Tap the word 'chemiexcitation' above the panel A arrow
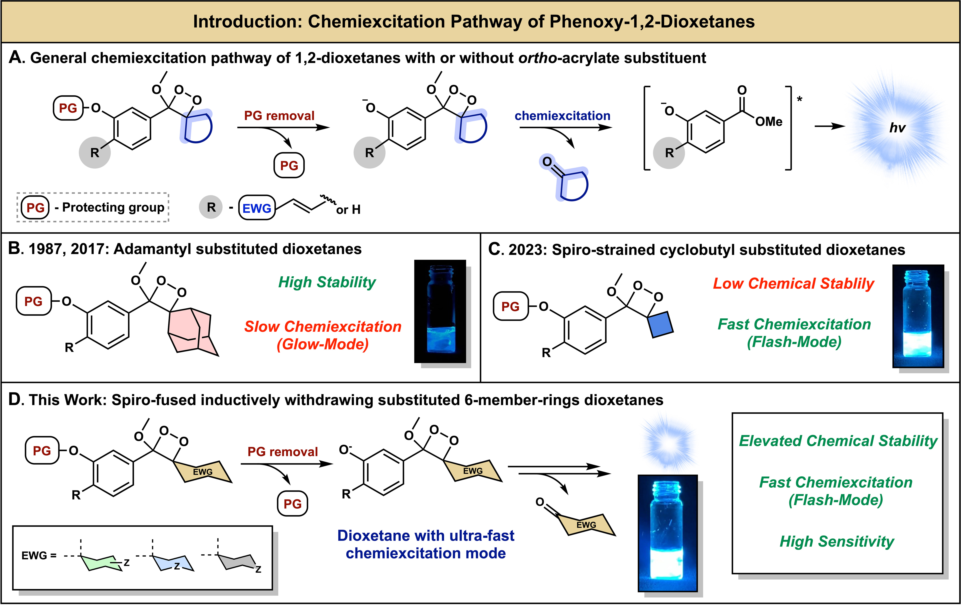[562, 116]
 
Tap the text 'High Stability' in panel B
[327, 282]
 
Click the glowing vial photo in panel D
[667, 533]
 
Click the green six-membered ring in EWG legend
[102, 563]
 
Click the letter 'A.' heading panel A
[17, 58]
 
